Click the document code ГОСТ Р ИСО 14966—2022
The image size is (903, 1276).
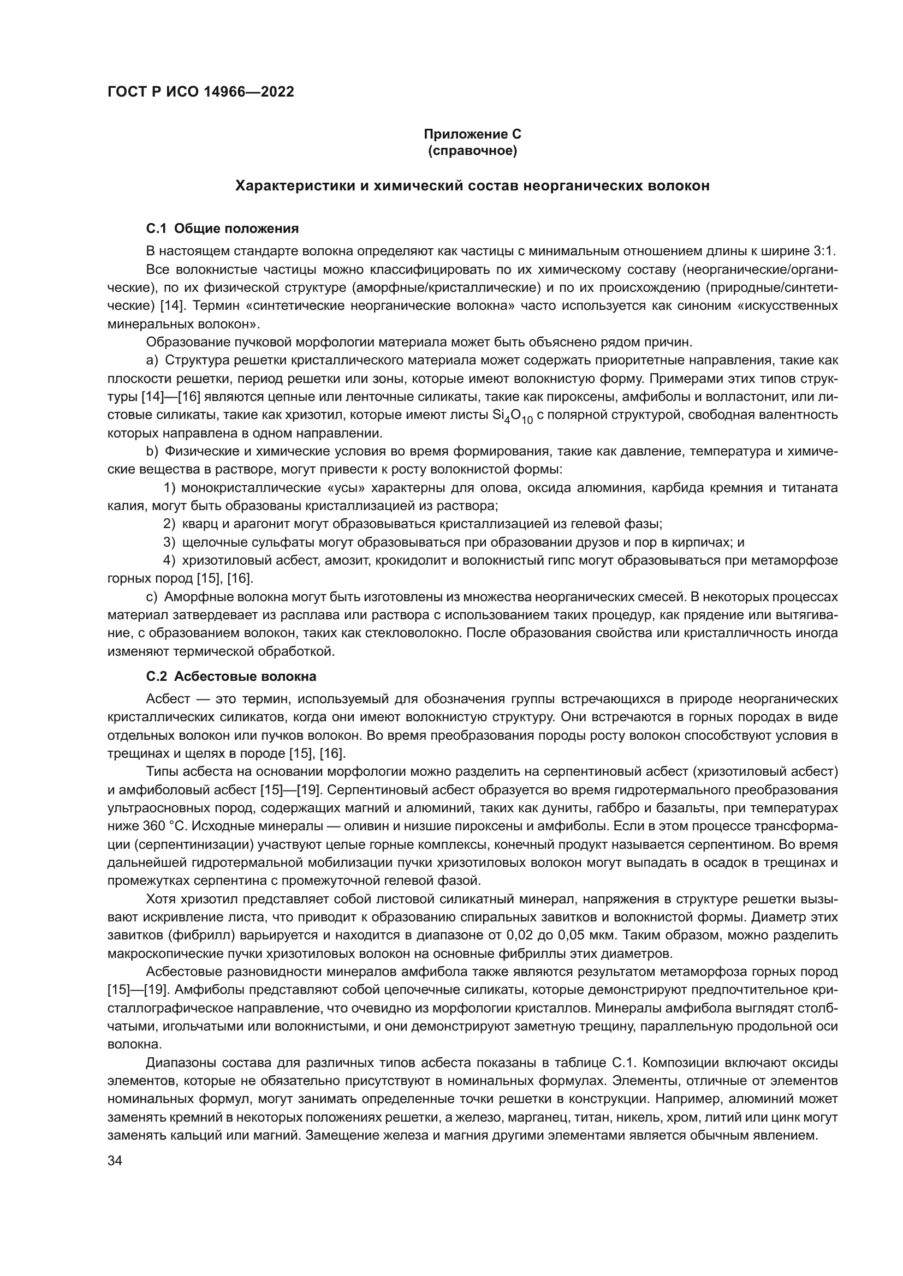coord(201,92)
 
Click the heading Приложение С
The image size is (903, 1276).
coord(472,134)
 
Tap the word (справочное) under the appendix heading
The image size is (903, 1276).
coord(472,151)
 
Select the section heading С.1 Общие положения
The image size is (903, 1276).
coord(222,229)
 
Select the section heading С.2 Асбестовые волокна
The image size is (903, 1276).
coord(231,676)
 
